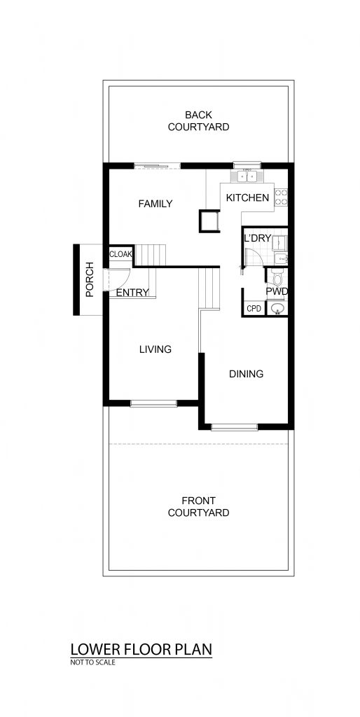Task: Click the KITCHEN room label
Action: (x=247, y=197)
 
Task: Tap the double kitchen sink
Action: (x=247, y=176)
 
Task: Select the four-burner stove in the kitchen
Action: (x=282, y=197)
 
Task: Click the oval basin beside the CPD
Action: (x=277, y=309)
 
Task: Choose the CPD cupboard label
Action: (x=254, y=309)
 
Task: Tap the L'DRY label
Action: (x=257, y=239)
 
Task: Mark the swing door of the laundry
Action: (x=253, y=257)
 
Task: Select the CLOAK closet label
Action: (x=120, y=255)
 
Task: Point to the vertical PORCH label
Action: (x=90, y=279)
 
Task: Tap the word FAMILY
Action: (x=155, y=204)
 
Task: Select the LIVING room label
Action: (x=155, y=349)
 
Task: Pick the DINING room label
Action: (x=246, y=374)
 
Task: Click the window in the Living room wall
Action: (x=153, y=403)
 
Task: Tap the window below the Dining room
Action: (x=235, y=427)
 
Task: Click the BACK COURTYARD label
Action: (x=198, y=120)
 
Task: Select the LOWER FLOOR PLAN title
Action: (x=141, y=649)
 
